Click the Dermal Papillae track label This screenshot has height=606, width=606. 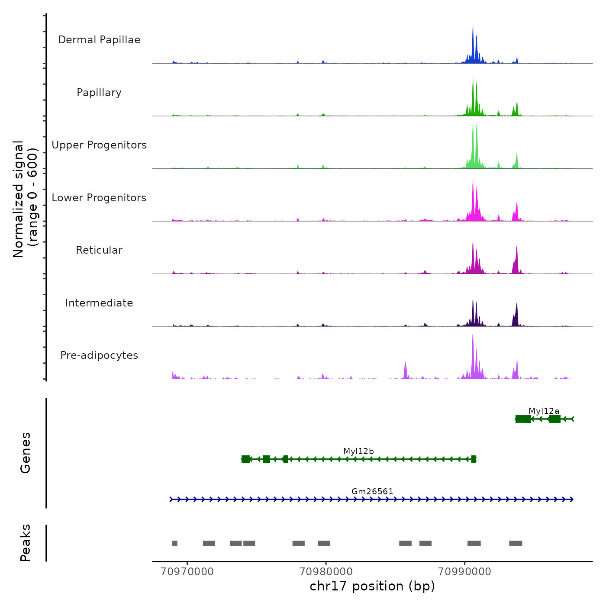(99, 40)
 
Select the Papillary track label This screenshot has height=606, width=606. (99, 93)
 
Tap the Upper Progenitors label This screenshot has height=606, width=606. (99, 145)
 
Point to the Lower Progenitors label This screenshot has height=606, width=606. (99, 198)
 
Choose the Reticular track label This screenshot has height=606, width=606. (99, 250)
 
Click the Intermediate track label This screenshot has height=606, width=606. (99, 303)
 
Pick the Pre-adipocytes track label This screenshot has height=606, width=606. (99, 355)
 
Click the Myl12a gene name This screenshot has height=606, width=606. (544, 411)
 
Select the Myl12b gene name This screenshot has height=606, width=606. (358, 451)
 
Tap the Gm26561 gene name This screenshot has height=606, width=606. (372, 491)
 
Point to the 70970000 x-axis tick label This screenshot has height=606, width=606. (187, 571)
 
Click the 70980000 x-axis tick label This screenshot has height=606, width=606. (326, 571)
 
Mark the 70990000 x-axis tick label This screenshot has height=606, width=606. (464, 571)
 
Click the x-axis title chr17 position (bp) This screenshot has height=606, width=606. (372, 586)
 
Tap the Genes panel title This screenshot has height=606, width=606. (26, 453)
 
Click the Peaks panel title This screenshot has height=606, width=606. (26, 543)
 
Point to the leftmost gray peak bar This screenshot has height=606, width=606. (175, 543)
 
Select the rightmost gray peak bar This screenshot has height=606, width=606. (516, 543)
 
